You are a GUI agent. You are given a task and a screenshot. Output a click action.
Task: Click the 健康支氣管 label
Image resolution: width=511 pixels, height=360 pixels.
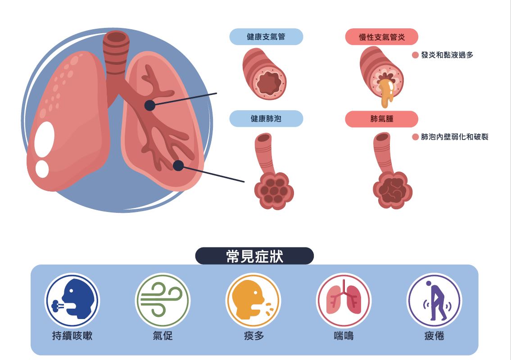pos(266,37)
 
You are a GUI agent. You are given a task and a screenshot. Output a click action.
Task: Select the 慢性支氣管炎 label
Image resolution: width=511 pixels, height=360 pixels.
pos(382,37)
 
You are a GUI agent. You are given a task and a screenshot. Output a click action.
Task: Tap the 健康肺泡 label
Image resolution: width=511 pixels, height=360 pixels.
pos(266,119)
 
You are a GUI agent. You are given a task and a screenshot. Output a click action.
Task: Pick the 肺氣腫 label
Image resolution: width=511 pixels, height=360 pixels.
pos(382,119)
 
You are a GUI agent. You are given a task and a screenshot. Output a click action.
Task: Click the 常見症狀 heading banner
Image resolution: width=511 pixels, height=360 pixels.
pos(254,256)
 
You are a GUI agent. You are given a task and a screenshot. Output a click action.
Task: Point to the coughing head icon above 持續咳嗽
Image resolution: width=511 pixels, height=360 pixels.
pos(72,300)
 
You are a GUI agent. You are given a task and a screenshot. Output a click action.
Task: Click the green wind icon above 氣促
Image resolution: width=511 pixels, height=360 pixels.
pos(163,300)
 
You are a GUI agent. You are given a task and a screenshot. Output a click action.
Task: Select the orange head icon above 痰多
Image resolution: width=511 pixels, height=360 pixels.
pos(253,300)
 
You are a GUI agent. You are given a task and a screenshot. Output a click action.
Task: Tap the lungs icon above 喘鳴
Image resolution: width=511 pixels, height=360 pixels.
pos(344,300)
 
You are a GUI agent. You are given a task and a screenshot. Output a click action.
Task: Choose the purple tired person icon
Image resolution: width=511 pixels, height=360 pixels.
pos(434,300)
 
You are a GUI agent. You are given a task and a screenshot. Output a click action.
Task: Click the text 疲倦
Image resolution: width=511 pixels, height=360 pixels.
pos(434,336)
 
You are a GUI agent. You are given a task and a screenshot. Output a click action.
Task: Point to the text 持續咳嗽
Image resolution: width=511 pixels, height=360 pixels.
pos(72,336)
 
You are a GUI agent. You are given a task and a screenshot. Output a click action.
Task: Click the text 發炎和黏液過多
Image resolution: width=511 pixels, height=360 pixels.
pos(447,55)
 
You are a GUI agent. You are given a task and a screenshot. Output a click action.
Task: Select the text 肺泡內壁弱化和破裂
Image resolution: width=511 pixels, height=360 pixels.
pos(454,137)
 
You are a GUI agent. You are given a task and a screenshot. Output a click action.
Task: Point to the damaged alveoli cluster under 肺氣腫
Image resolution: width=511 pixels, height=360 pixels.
pos(392,190)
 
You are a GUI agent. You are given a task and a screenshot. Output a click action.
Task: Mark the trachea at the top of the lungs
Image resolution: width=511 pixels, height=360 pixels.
pos(116,52)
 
